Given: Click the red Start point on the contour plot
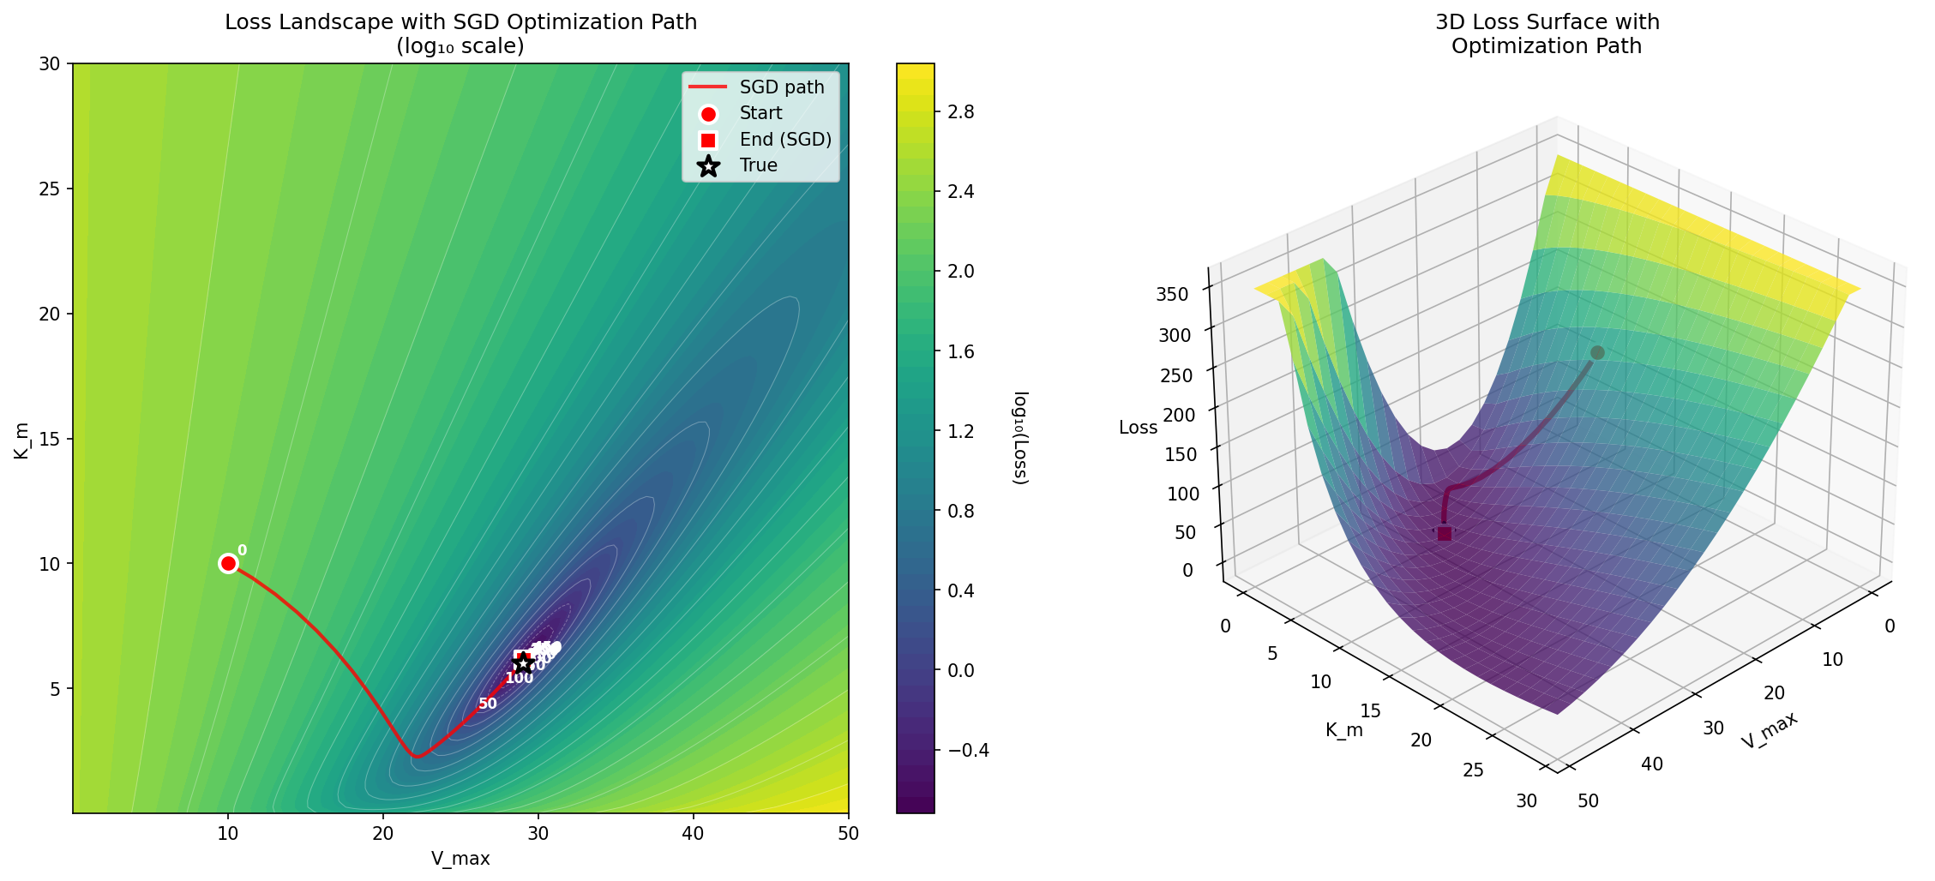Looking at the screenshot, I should pyautogui.click(x=228, y=563).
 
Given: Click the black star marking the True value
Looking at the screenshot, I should pyautogui.click(x=523, y=663).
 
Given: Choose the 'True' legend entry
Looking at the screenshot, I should pyautogui.click(x=758, y=165).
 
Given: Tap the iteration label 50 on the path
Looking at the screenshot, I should pyautogui.click(x=488, y=704).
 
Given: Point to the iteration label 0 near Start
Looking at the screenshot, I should pyautogui.click(x=242, y=550).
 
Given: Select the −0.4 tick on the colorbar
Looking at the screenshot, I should pyautogui.click(x=964, y=751).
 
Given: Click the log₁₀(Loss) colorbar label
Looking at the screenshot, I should pyautogui.click(x=1020, y=438).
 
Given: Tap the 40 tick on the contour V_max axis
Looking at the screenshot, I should pyautogui.click(x=693, y=833).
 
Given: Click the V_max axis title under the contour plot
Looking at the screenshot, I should pyautogui.click(x=460, y=859).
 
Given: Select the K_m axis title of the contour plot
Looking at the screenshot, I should pyautogui.click(x=21, y=440).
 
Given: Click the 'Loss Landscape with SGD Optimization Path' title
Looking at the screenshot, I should pyautogui.click(x=460, y=22).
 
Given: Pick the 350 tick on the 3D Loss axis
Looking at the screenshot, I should pyautogui.click(x=1173, y=294).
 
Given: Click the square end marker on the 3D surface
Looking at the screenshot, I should pyautogui.click(x=1445, y=534).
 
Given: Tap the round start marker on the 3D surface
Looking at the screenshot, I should pyautogui.click(x=1597, y=353).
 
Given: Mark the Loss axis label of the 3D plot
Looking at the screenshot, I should pyautogui.click(x=1138, y=428).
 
